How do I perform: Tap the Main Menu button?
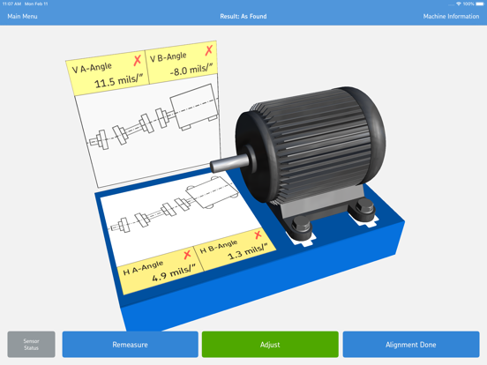pos(23,17)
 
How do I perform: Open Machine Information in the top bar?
pos(451,17)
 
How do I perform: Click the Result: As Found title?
pos(243,17)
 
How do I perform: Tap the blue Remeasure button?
pos(130,345)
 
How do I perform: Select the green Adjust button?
pos(270,345)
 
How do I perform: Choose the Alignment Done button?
pos(410,345)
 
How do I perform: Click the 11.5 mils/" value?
pos(117,83)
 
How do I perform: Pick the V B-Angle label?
pos(169,58)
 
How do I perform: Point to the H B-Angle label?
pos(219,245)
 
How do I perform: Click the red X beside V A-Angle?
pos(137,61)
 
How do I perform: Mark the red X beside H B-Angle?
pos(258,235)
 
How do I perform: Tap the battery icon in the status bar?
pos(480,4)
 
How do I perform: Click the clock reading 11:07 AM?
pos(11,4)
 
